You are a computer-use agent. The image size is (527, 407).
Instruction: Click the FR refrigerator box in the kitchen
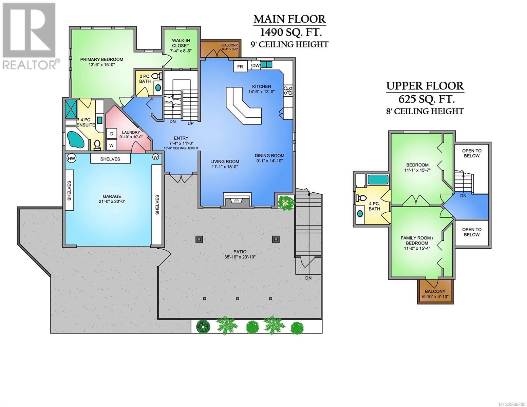240,66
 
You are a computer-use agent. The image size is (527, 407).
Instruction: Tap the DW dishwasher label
256,65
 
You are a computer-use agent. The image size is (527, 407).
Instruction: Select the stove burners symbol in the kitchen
288,91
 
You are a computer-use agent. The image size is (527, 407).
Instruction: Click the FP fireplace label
237,201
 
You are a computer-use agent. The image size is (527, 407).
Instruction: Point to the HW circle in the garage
71,158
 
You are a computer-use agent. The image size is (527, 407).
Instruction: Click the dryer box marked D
112,134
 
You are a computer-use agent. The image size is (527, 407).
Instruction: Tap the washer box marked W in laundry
112,146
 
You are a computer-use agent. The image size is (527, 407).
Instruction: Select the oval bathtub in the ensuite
75,140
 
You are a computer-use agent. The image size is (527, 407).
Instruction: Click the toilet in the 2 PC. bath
158,76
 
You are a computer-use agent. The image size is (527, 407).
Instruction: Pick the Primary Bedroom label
101,59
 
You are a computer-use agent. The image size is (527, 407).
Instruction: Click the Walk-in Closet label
181,43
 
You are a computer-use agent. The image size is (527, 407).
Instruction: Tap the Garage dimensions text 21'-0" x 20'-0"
112,201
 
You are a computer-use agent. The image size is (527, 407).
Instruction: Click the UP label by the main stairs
191,123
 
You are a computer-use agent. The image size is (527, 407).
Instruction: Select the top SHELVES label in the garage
110,159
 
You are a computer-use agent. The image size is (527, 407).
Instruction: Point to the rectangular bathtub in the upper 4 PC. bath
378,180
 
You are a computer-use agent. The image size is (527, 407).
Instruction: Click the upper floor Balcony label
435,291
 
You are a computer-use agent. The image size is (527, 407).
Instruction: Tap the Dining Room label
269,156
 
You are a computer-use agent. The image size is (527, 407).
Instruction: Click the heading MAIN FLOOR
289,19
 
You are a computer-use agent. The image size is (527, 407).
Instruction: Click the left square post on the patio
199,239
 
